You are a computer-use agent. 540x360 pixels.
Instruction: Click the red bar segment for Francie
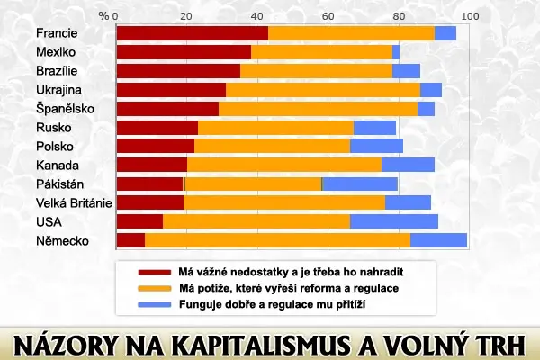point(193,33)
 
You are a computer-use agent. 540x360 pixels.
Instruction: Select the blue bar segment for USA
point(394,221)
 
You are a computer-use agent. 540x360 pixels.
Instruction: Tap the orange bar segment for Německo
point(277,240)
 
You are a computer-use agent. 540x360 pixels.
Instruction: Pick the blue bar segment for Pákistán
point(360,184)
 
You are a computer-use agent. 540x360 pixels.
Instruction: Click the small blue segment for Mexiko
point(396,52)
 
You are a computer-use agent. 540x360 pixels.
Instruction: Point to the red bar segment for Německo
point(130,240)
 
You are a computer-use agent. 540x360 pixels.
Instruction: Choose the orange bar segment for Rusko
point(276,128)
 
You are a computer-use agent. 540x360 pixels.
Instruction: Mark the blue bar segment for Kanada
point(408,165)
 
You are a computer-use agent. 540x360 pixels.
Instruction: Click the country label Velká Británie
point(74,202)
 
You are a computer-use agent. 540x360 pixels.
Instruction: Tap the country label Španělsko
point(65,109)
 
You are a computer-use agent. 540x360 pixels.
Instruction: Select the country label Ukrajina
point(58,90)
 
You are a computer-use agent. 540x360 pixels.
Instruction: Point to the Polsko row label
point(55,147)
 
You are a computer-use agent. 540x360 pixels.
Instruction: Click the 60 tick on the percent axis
point(328,16)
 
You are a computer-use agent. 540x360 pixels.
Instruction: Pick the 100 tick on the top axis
point(470,16)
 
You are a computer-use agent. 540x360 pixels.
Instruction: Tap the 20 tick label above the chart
point(186,16)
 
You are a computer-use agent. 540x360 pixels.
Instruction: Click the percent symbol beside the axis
point(103,16)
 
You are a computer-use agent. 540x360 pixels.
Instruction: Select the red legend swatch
point(155,272)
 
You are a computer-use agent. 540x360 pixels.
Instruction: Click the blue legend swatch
point(155,305)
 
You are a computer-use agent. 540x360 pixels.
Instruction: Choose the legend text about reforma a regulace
point(289,288)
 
